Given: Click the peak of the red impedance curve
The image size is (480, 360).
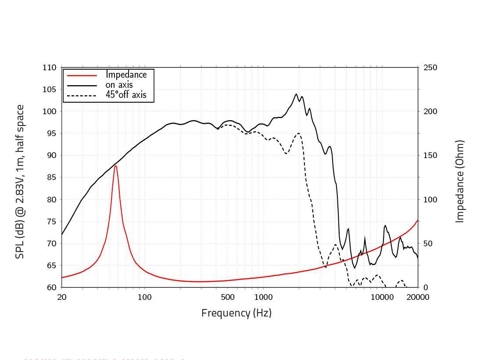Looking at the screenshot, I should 115,166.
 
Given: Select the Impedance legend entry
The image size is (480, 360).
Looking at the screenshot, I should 126,75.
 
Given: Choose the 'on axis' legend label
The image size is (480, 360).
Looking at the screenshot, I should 119,85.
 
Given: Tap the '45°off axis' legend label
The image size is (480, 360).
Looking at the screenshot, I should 126,95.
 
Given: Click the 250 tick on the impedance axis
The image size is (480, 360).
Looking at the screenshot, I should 430,68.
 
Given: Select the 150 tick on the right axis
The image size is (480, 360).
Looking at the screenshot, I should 430,155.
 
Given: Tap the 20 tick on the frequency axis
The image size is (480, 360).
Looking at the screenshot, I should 62,297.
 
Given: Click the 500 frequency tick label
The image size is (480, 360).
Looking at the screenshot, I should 228,297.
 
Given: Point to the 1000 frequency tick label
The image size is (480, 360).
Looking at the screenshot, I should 263,297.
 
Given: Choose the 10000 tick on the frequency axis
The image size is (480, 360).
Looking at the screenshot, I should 382,297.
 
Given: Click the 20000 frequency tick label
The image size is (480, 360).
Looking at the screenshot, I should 418,297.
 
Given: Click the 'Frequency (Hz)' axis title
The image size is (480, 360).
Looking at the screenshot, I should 236,313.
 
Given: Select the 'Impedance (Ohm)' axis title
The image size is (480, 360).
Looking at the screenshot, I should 459,181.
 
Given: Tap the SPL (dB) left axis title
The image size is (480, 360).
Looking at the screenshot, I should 20,181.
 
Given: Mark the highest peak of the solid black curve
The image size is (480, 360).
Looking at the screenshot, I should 296,94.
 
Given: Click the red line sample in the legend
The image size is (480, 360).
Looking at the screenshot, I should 82,75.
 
